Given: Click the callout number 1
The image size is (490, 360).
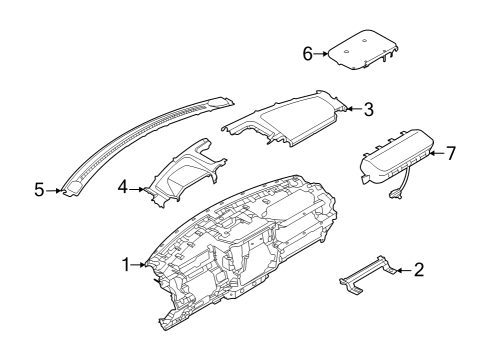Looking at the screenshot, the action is (126, 265).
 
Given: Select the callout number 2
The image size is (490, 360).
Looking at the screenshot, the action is (419, 270).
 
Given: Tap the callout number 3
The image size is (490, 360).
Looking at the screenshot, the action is (368, 109).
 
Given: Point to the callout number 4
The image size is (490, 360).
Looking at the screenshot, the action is (123, 187).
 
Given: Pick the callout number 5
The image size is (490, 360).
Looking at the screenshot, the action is (39, 190).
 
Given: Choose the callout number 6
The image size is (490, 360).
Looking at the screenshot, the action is (308, 54).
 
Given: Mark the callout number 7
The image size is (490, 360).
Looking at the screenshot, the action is (451, 153).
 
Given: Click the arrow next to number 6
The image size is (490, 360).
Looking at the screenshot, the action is (321, 54).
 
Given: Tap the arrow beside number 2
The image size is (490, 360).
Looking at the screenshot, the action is (403, 270).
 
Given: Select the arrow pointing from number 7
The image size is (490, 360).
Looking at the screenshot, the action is (436, 153).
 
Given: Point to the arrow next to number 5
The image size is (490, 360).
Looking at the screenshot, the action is (53, 191).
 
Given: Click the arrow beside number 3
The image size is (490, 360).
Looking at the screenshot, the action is (354, 109).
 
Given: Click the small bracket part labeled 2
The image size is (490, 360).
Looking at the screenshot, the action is (367, 274).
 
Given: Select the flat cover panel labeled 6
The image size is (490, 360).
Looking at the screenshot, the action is (362, 50).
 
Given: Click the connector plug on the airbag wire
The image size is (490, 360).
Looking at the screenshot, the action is (395, 195).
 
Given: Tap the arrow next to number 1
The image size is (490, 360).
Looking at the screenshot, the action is (138, 265).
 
